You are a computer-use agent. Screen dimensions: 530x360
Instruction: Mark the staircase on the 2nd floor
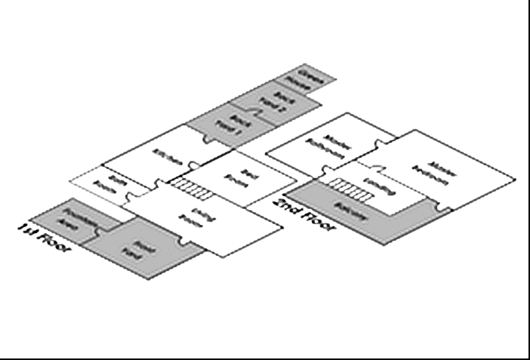pyautogui.click(x=350, y=189)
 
